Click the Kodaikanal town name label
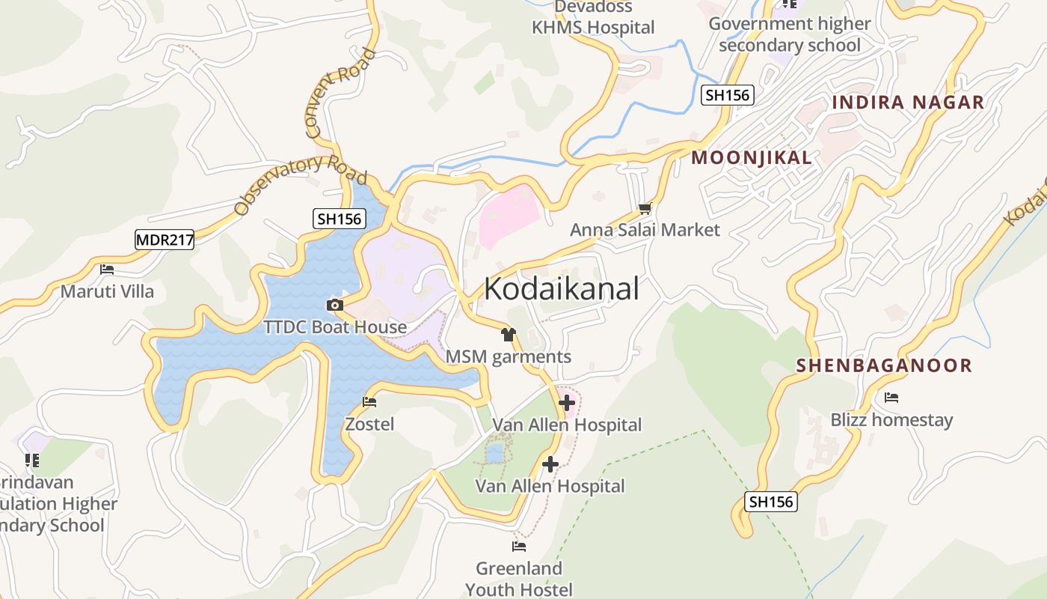click(x=562, y=289)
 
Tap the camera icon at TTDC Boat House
click(x=334, y=305)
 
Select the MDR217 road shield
click(x=165, y=240)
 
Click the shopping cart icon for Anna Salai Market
click(x=645, y=208)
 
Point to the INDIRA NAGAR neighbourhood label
click(x=908, y=103)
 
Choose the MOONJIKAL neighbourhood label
click(x=751, y=158)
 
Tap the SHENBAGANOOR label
click(x=884, y=365)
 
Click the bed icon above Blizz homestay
click(x=891, y=398)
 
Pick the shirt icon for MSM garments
click(x=509, y=335)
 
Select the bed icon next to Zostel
click(x=369, y=402)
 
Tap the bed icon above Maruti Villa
click(x=107, y=269)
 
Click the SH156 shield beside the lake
click(x=339, y=219)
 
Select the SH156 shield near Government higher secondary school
click(x=727, y=95)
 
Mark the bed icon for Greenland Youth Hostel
click(x=518, y=547)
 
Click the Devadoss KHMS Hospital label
click(x=593, y=18)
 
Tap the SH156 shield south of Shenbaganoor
click(x=771, y=502)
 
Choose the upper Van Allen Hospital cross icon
click(x=567, y=403)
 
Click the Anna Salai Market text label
click(x=645, y=230)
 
